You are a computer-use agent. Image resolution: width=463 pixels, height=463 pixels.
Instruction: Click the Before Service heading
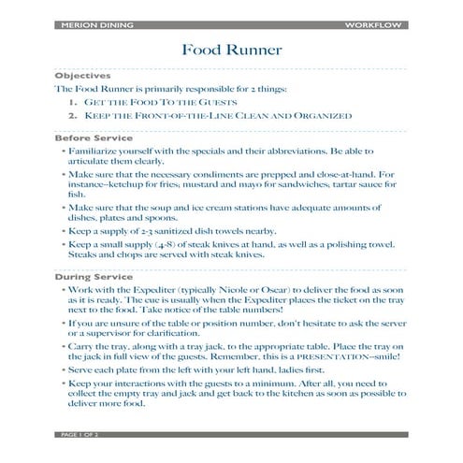point(92,137)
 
